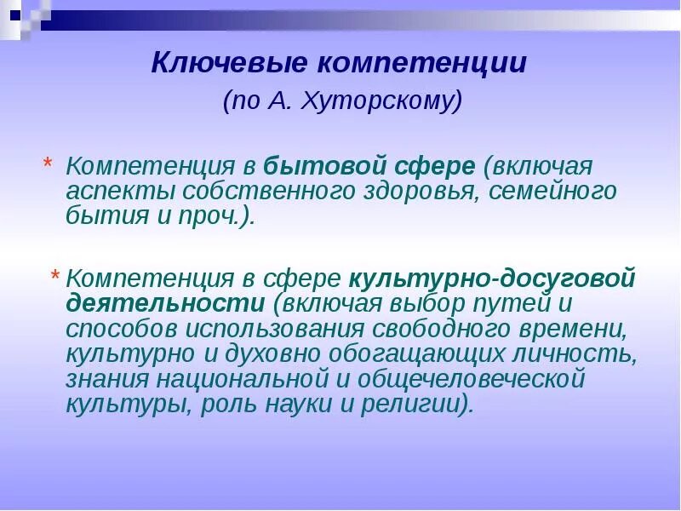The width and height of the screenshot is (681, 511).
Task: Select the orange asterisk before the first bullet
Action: [48, 164]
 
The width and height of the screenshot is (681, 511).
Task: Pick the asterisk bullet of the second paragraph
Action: [55, 277]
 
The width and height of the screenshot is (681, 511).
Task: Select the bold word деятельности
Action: [165, 304]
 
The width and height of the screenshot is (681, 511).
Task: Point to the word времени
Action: [578, 329]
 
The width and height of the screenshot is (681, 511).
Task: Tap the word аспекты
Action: [111, 191]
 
